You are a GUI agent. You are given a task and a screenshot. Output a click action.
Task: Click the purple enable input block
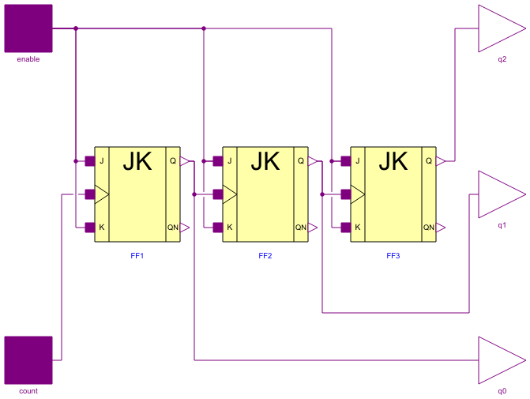pos(28,28)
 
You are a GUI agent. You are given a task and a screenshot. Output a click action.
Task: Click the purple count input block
pos(28,360)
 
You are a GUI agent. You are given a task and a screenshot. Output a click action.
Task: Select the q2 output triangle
pos(499,28)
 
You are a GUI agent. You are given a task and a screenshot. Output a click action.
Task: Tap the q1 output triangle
pos(499,194)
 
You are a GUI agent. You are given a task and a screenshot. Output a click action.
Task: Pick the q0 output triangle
pos(499,360)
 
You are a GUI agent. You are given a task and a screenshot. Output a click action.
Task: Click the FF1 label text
pos(137,256)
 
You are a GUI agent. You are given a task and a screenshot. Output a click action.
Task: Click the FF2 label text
pos(265,256)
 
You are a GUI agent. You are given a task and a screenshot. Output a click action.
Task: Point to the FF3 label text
pos(393,256)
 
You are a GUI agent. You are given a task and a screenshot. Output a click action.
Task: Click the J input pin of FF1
pos(90,161)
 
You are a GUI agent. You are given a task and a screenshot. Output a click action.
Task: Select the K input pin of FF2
pos(218,228)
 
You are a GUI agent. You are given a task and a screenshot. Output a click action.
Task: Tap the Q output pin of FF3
pos(440,161)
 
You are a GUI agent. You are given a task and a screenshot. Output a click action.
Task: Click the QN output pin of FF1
pos(184,228)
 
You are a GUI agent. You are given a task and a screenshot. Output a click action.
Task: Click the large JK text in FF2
pos(265,162)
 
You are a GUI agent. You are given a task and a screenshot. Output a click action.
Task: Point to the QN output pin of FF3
pos(440,228)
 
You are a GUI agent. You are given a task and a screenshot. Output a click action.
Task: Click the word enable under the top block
pos(28,59)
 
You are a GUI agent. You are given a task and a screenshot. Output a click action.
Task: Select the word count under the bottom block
pos(28,391)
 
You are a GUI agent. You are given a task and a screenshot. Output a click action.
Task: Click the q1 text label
pos(502,225)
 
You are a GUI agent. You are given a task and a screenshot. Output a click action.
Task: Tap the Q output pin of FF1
pos(184,161)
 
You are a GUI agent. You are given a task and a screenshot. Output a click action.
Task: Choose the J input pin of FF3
pos(346,161)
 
